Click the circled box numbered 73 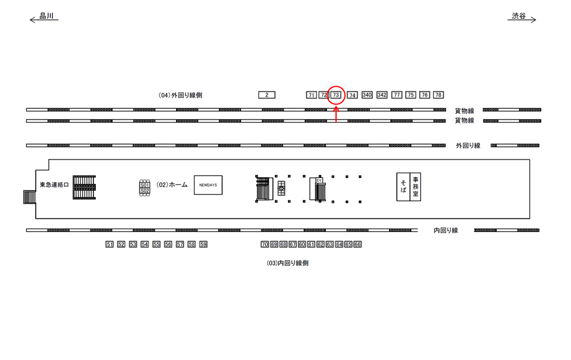pyautogui.click(x=336, y=95)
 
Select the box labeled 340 pyautogui.click(x=367, y=95)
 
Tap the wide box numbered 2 pyautogui.click(x=267, y=95)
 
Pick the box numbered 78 pyautogui.click(x=438, y=95)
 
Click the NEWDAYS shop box pyautogui.click(x=208, y=185)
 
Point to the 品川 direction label pyautogui.click(x=46, y=17)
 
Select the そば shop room pyautogui.click(x=403, y=187)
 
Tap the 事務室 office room pyautogui.click(x=416, y=187)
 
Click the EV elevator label pyautogui.click(x=319, y=180)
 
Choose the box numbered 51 pyautogui.click(x=109, y=245)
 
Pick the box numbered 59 pyautogui.click(x=203, y=245)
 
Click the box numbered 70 pyautogui.click(x=265, y=245)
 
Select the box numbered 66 pyautogui.click(x=357, y=245)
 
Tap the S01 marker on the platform pyautogui.click(x=144, y=185)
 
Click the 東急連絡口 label pyautogui.click(x=54, y=185)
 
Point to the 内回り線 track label pyautogui.click(x=445, y=230)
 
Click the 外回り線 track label pyautogui.click(x=468, y=146)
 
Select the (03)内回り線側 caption pyautogui.click(x=287, y=263)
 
